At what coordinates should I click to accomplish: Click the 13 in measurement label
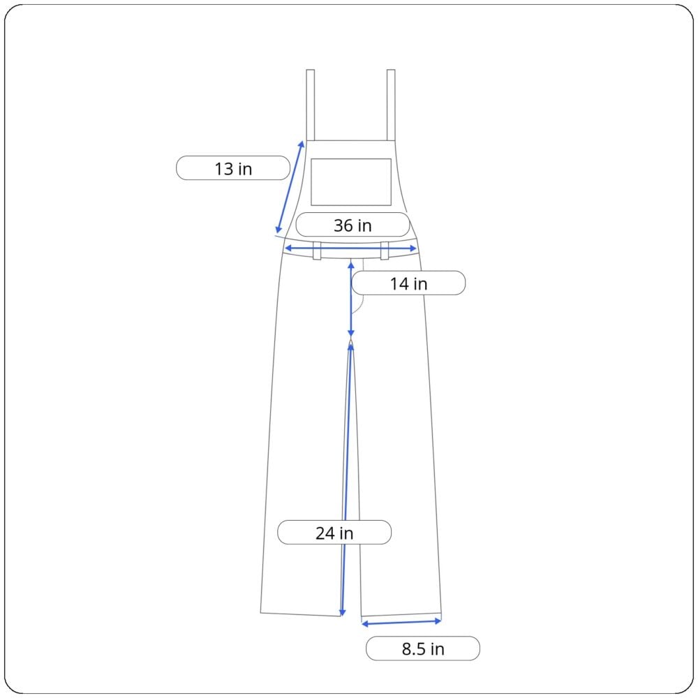233,168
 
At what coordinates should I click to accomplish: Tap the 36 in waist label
352,225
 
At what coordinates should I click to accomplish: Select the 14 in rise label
408,283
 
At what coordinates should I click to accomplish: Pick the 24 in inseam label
334,533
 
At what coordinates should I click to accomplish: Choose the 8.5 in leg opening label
423,648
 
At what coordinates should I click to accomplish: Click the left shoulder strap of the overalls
311,105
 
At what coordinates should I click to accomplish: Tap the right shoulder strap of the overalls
391,105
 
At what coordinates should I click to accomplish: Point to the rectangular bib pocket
351,182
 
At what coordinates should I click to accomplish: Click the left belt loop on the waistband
317,251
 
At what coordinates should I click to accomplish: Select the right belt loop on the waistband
385,251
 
